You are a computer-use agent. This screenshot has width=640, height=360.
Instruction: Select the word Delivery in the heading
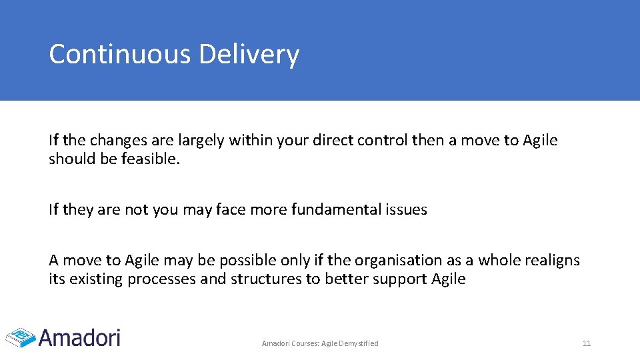(249, 55)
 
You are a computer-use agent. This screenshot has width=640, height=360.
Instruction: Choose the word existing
(96, 279)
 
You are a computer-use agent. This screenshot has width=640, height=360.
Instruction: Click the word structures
(266, 279)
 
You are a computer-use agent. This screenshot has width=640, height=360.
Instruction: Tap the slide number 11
(587, 343)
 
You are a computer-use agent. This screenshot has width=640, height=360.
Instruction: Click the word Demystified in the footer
(359, 343)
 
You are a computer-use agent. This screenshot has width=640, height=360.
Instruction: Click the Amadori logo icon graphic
(19, 337)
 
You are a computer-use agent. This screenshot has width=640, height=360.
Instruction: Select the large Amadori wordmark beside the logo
(79, 337)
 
